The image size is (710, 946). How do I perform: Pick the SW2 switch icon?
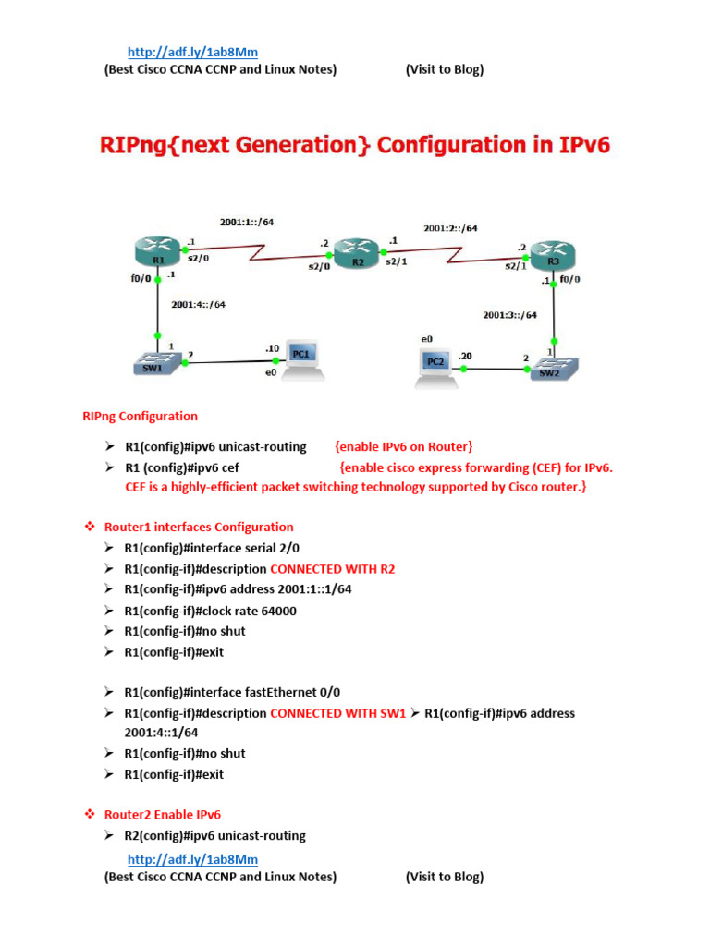click(554, 367)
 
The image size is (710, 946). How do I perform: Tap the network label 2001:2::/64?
click(451, 227)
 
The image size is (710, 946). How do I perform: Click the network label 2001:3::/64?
click(509, 315)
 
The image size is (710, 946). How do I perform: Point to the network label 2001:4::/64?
click(198, 304)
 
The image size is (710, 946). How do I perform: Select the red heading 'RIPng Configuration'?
click(140, 416)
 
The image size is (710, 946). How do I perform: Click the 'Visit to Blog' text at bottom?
click(444, 877)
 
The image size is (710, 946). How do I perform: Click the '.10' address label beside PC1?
click(272, 348)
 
